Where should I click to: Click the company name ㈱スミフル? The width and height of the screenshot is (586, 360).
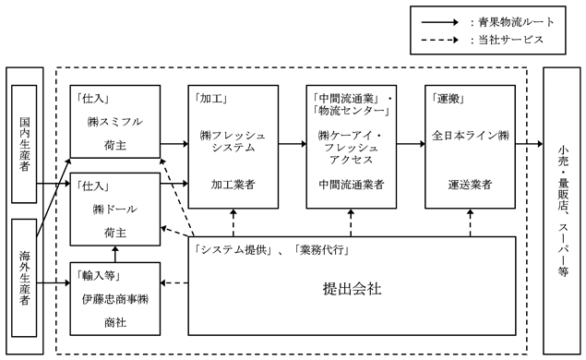pos(115,122)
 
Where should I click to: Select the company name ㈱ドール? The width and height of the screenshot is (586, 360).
pos(115,210)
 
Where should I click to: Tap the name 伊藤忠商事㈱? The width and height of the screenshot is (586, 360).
pos(115,299)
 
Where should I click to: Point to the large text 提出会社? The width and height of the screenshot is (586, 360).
pos(352,289)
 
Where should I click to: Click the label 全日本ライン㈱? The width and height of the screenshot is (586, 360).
pos(470,136)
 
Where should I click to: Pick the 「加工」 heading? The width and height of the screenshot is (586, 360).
pos(209,99)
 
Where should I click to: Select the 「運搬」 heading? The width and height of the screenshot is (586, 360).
pos(448,99)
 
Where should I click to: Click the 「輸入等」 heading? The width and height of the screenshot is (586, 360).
pos(99,276)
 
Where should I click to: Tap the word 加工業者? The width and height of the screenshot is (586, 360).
pos(233,185)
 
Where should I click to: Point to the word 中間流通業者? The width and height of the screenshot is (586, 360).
pos(352,185)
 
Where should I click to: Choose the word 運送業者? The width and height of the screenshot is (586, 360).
pos(470,185)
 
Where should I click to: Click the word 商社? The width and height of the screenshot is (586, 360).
pos(115,322)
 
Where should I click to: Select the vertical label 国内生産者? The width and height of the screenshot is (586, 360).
pos(25,144)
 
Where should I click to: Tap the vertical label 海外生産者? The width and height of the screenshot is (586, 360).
pos(25,278)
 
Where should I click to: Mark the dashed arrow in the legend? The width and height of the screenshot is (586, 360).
pos(440,40)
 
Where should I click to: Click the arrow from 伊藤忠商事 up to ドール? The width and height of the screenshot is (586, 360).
pos(115,254)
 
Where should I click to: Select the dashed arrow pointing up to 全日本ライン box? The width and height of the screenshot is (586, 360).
pos(470,222)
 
